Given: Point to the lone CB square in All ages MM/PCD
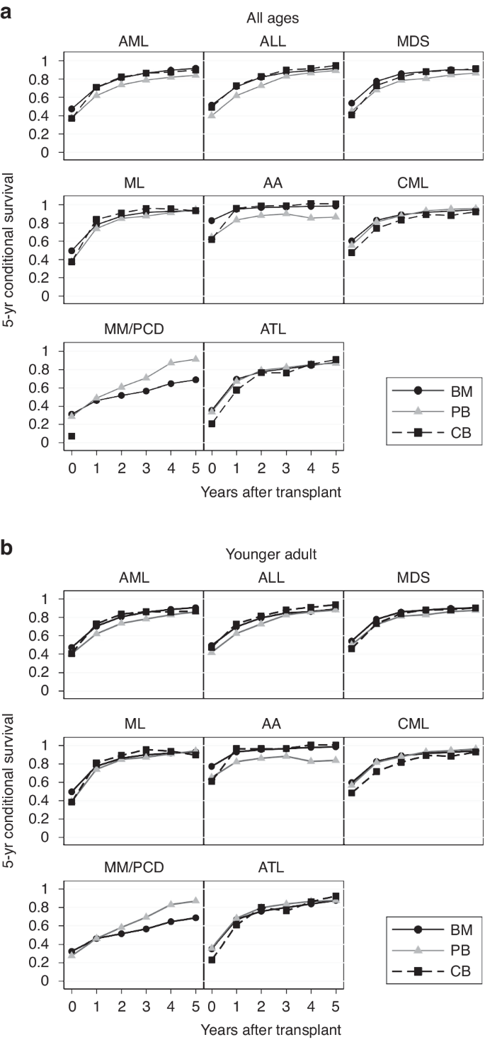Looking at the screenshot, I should click(72, 436).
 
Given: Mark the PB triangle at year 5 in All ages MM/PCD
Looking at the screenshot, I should click(195, 359).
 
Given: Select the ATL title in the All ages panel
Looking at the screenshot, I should click(274, 328).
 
